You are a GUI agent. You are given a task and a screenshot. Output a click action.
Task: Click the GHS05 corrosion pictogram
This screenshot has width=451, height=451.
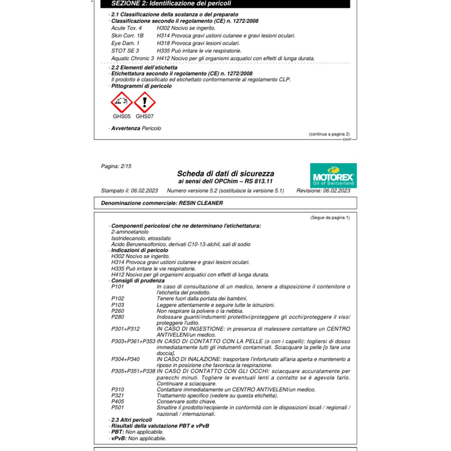pos(121,102)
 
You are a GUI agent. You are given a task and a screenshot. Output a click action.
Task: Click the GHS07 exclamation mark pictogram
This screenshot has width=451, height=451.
pos(145,102)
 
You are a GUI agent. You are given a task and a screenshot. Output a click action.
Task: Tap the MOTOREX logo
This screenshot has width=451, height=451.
pos(333,176)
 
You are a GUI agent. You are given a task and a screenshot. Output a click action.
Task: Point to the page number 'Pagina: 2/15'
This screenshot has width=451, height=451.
pos(116,166)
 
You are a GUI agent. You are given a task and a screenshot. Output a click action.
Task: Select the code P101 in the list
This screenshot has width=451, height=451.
pos(118,287)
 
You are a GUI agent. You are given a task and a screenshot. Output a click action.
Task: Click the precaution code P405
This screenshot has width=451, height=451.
pos(118,401)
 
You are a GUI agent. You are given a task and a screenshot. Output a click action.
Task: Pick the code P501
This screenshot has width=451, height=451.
pos(118,407)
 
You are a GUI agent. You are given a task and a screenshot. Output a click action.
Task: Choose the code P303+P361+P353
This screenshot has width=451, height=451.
pos(133,341)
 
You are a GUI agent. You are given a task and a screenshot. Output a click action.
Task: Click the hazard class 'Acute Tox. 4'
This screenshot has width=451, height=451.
pos(126,28)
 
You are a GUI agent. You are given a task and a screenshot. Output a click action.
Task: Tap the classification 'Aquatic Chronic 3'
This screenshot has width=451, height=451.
pos(132,58)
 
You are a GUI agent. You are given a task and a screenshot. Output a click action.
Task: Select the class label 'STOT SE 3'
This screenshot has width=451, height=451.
pos(125,51)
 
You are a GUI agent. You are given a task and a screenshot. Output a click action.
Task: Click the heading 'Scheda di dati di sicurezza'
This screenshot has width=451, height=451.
pos(226,173)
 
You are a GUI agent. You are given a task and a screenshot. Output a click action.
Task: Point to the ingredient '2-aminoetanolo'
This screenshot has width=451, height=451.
pos(130,232)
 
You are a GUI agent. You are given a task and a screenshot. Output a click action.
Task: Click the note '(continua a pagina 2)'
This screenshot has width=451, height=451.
pos(329,134)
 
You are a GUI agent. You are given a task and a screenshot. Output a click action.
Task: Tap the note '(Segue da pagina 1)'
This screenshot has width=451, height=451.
pos(330,217)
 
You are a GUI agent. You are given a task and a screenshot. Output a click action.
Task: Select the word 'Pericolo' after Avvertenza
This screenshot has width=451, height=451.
pos(151,128)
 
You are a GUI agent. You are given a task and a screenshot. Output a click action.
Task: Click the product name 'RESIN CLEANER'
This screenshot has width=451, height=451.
pos(201,203)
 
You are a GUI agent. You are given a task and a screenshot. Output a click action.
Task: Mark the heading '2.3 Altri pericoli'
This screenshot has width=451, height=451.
pos(131,420)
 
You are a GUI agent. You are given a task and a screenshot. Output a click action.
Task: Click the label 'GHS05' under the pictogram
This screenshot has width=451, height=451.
pos(121,116)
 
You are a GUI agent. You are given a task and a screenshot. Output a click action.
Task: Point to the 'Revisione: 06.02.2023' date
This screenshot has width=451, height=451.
pos(323,191)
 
